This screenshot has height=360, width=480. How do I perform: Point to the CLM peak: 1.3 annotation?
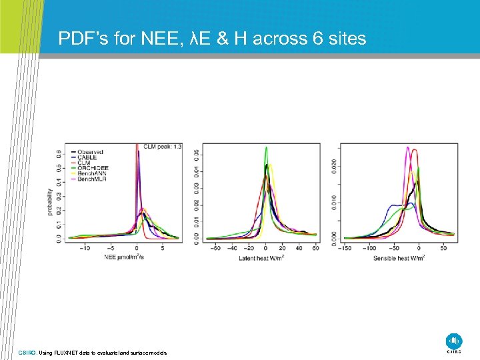point(162,146)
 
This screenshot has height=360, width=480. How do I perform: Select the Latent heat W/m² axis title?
point(261,257)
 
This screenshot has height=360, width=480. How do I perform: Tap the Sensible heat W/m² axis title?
point(398,257)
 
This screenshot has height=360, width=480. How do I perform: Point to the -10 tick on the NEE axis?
point(85,248)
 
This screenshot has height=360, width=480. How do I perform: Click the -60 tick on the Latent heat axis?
point(215,248)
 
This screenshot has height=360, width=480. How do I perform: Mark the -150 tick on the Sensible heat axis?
point(345,248)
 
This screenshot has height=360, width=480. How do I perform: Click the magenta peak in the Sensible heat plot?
point(407,147)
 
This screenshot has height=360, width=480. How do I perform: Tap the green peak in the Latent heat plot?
point(266,147)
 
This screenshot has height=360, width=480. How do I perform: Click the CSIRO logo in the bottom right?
point(454,341)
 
